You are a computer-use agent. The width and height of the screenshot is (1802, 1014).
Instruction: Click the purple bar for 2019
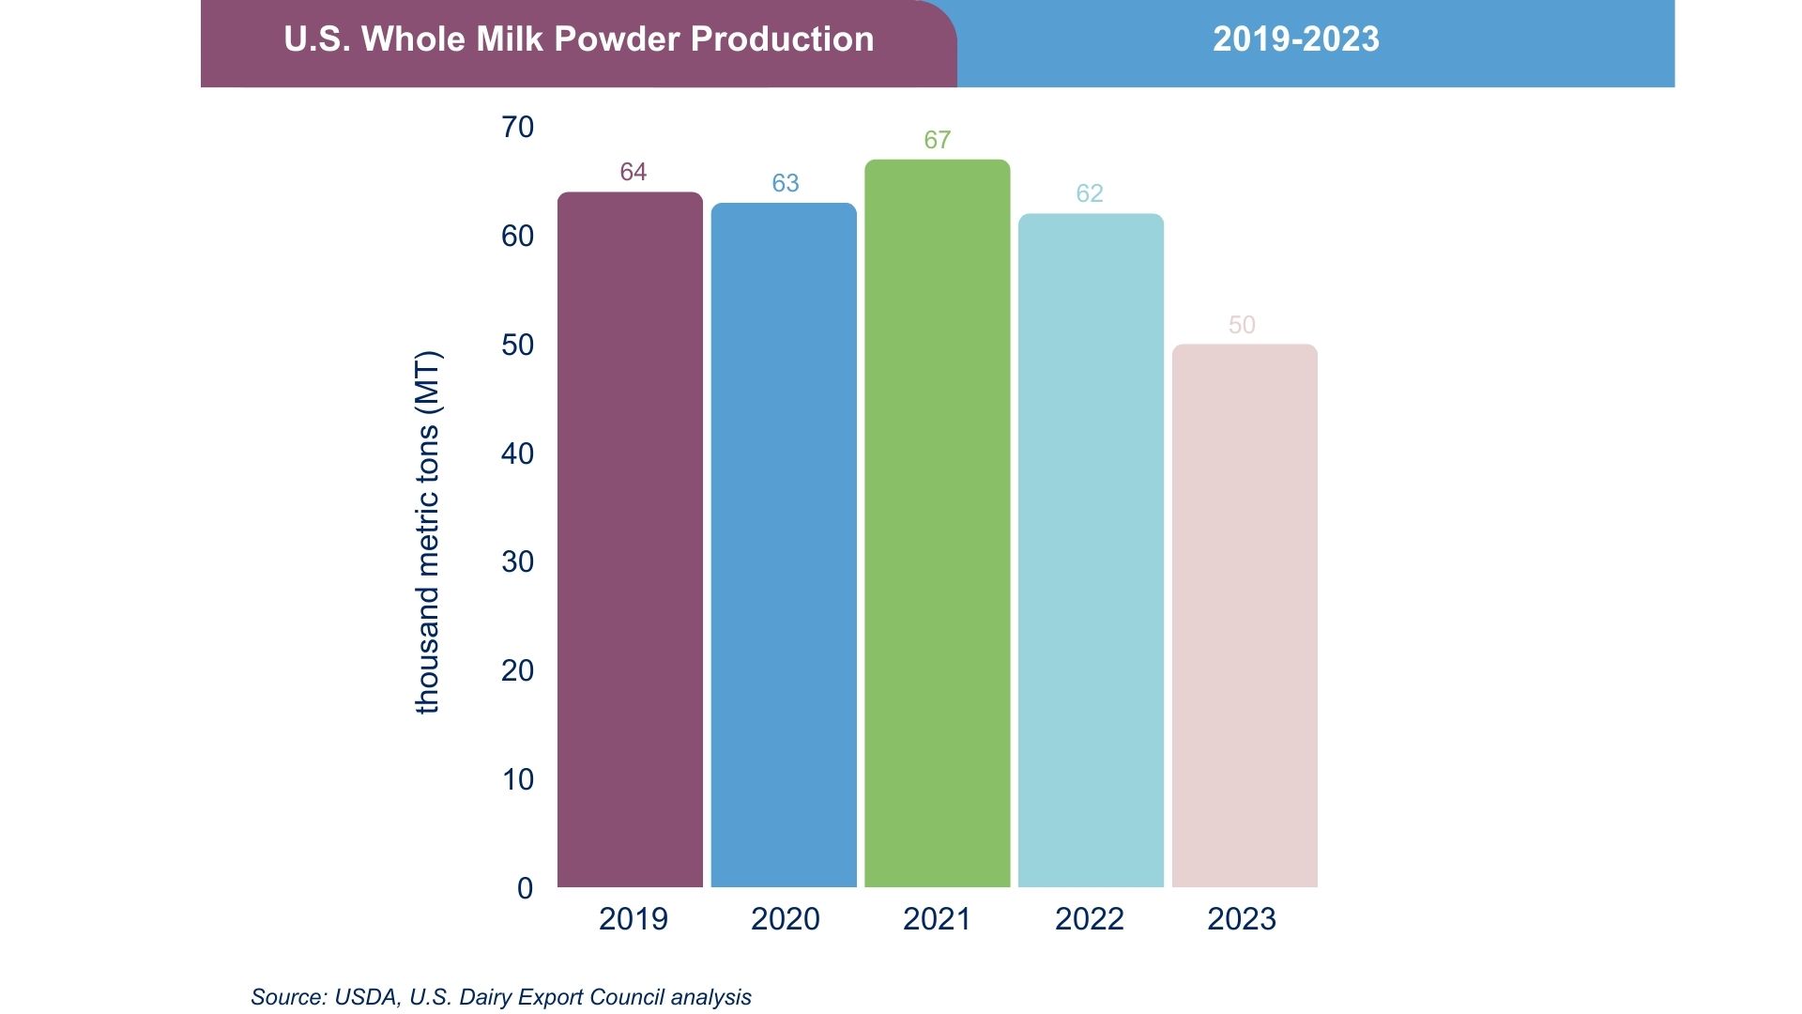630,540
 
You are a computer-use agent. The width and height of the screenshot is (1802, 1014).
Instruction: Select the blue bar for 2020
784,545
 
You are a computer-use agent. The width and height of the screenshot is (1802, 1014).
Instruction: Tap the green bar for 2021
937,523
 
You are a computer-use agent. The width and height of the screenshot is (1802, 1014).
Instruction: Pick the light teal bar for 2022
1091,550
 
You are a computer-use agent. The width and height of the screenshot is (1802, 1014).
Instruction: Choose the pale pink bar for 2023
1245,616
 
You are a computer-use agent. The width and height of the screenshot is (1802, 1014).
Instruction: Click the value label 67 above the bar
937,140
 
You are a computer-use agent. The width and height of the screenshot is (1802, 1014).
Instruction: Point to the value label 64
633,172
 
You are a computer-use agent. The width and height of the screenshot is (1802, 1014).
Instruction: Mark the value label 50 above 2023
1241,325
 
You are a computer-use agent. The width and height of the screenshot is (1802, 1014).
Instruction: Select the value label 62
1089,193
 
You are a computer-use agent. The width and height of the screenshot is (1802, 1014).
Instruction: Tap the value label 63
785,183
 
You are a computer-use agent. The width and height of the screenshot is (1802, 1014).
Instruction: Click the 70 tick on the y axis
517,127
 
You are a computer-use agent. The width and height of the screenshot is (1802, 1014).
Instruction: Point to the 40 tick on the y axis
517,453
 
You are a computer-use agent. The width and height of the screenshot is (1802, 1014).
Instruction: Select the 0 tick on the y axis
525,888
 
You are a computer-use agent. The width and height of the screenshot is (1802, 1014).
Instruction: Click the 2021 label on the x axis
937,918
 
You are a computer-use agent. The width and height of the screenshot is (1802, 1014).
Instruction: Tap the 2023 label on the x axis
1241,918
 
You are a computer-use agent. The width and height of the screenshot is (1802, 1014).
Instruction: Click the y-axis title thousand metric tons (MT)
427,532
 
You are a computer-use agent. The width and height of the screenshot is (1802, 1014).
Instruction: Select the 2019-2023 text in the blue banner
1295,39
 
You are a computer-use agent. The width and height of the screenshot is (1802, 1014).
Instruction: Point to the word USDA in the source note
365,997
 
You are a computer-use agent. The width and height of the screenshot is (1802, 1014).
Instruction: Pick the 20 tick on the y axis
517,670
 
